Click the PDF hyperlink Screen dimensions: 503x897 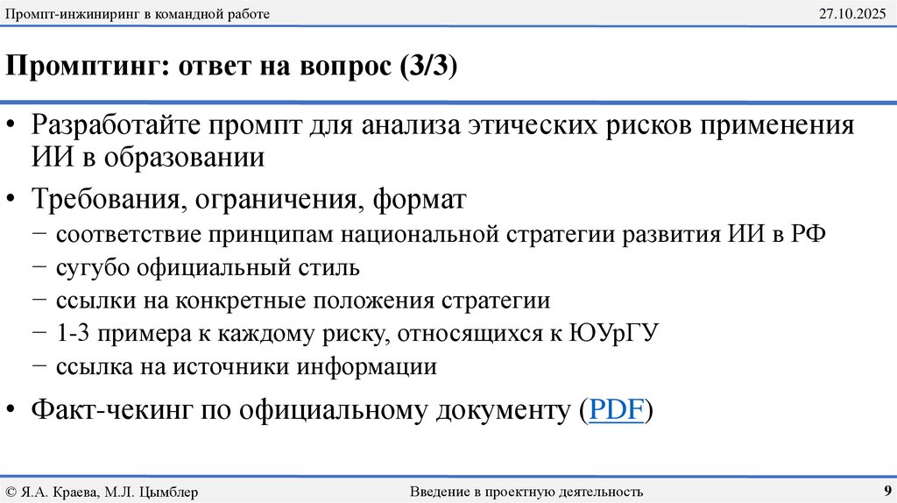[x=617, y=410]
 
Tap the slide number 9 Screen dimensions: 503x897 [x=886, y=491]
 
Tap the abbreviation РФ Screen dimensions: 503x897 [x=806, y=235]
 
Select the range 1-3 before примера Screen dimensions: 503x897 [x=74, y=334]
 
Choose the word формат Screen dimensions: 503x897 [x=419, y=199]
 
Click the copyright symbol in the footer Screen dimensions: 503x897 [x=11, y=492]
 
